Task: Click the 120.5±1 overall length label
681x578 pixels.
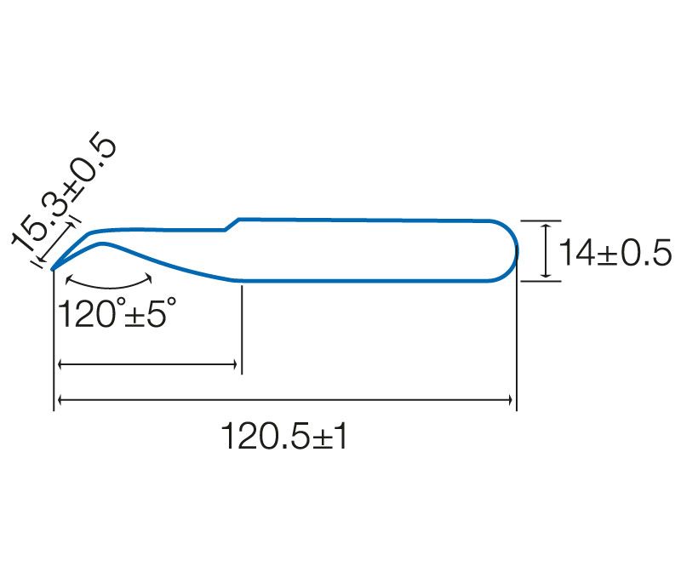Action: click(284, 436)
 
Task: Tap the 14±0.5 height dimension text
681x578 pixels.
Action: click(615, 252)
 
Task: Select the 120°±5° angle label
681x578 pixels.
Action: click(117, 312)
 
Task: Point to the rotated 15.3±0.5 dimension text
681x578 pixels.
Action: click(64, 192)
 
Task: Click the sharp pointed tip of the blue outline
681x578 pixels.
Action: click(52, 270)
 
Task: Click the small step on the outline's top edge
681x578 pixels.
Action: click(232, 225)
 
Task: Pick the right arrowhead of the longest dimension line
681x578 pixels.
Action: click(510, 400)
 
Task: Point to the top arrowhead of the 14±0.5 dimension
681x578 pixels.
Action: click(547, 227)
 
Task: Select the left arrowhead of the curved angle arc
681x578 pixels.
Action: click(68, 279)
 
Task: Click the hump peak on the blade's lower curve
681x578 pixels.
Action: click(102, 243)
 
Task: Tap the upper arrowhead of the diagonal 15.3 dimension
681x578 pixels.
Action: click(70, 226)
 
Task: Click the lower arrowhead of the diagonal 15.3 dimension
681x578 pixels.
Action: click(40, 260)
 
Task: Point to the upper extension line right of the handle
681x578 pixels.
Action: click(541, 220)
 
